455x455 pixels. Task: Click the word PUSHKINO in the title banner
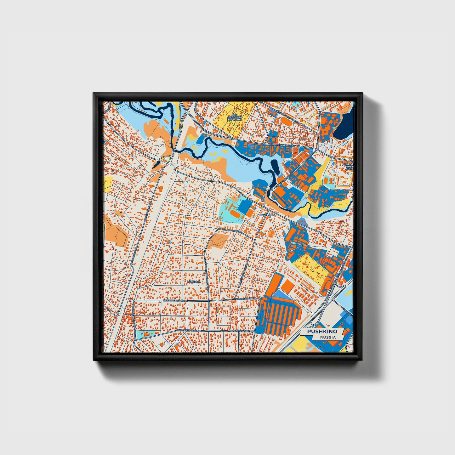click(322, 332)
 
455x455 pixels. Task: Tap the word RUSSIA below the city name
click(327, 337)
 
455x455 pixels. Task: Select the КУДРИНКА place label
click(267, 215)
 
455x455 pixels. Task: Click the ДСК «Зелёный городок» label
click(234, 117)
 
